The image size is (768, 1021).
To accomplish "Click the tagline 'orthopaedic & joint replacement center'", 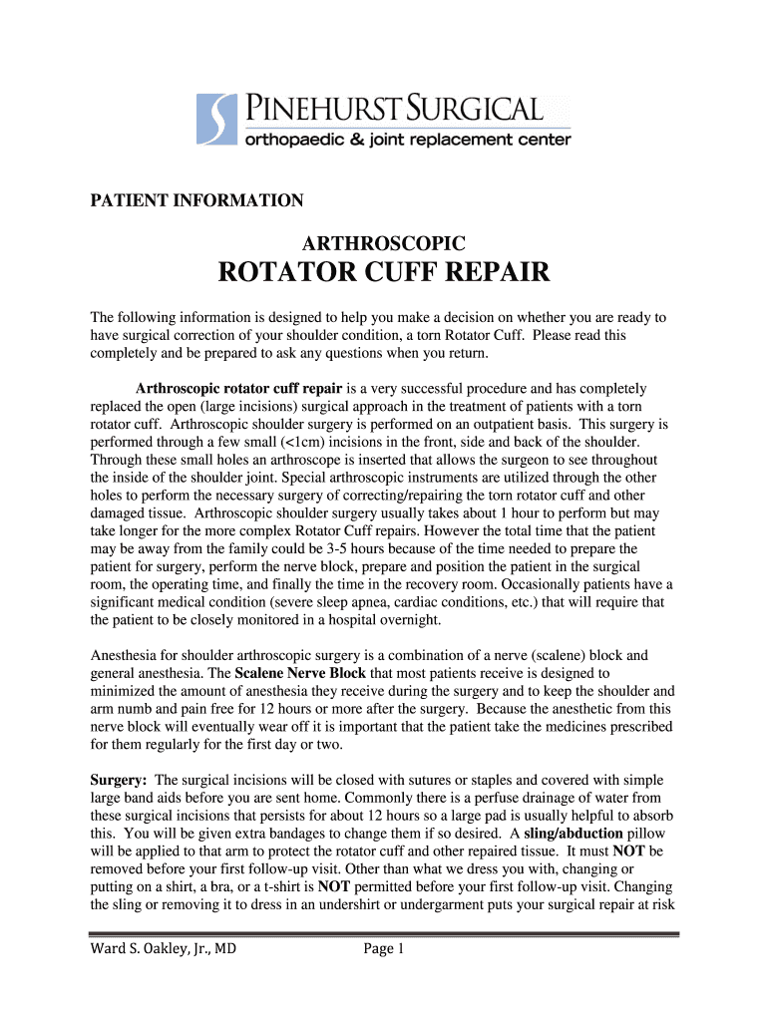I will coord(408,141).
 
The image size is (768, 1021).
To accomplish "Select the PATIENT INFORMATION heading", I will coord(197,201).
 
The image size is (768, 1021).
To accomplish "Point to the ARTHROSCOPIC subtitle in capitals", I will coord(383,242).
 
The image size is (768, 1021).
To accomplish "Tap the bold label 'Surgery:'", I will coord(120,780).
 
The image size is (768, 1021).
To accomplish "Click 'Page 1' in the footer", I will coord(383,949).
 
